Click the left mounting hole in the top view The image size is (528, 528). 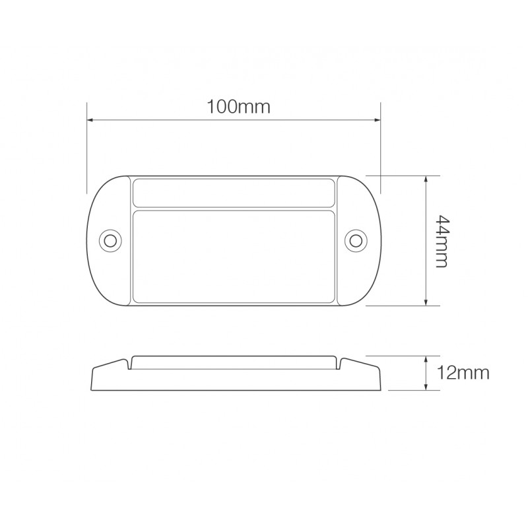[110, 239]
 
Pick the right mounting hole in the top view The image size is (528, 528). [357, 239]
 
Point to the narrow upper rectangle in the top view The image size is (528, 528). [234, 192]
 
